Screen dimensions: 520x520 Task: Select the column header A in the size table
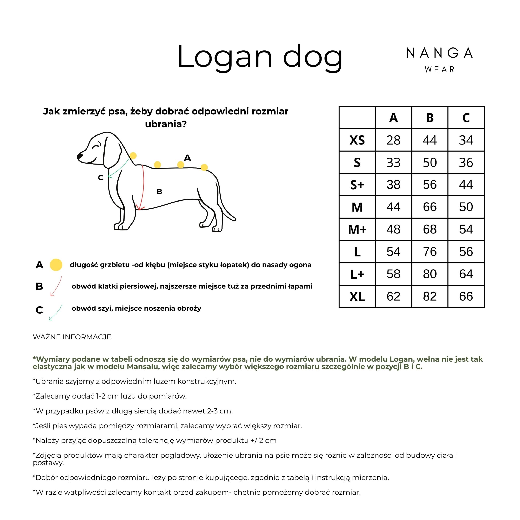point(393,118)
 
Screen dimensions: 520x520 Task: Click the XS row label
point(357,140)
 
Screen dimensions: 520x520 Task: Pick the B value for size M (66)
point(430,207)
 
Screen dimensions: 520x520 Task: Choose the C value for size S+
point(466,185)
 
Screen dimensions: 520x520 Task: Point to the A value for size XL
point(393,296)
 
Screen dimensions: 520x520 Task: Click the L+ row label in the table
point(357,274)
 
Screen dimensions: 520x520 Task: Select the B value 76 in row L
point(430,252)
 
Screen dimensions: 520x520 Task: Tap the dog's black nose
point(80,156)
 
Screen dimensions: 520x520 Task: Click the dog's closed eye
point(96,147)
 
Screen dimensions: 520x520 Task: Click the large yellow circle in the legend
point(56,265)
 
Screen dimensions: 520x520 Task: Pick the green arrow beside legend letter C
point(56,312)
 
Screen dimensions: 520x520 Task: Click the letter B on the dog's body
point(159,191)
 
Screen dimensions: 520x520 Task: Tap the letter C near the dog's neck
point(100,178)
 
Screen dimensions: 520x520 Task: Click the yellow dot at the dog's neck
point(133,156)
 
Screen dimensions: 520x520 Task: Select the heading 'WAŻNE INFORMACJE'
point(72,337)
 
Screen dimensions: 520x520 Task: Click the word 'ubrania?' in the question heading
point(166,124)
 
